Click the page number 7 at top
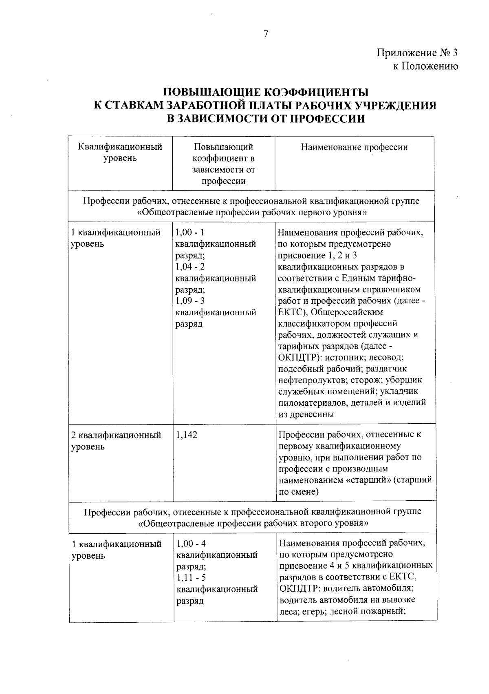266,34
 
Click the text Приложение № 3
417,53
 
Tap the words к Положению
425,66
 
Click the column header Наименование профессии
354,147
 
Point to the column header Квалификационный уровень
120,153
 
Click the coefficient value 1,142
187,435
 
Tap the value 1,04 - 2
190,267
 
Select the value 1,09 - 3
190,301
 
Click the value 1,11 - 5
191,578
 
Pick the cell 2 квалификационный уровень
116,441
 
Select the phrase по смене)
299,492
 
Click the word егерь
313,611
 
